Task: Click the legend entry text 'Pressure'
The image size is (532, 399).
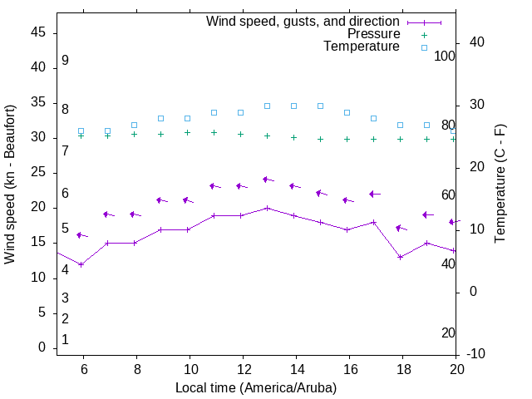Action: pos(373,34)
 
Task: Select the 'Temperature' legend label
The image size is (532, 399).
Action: pos(362,47)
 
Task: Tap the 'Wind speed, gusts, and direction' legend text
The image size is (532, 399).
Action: pos(303,22)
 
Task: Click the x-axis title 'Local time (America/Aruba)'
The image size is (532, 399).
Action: pos(256,387)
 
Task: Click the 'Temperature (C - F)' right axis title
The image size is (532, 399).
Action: pos(500,184)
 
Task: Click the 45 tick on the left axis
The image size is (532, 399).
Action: pos(37,32)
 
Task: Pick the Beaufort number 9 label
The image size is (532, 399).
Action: pos(65,61)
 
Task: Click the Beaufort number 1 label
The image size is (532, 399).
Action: pos(65,339)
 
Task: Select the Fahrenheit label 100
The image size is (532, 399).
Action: pos(445,56)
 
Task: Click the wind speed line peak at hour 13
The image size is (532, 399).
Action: pos(267,208)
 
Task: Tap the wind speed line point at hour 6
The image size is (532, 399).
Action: pos(81,264)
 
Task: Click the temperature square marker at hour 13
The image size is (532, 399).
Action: pos(267,106)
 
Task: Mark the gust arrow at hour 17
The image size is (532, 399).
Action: pos(374,194)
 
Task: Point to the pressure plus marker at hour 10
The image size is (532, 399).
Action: pos(187,132)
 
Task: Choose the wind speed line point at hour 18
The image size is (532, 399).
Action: pos(400,257)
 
